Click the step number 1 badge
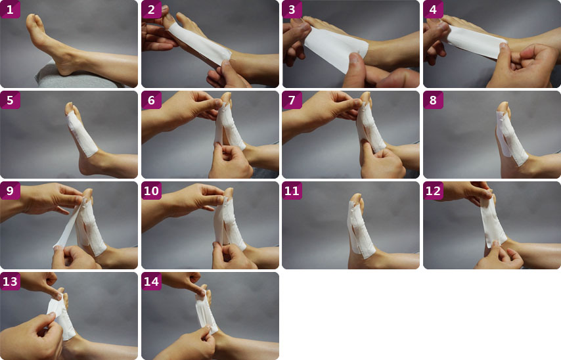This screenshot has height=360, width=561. pos(10,9)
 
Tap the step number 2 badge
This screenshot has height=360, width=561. pos(151,9)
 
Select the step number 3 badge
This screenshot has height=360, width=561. pos(292,9)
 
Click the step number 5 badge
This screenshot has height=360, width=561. pos(10,100)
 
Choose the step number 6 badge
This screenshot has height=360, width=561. pos(151,100)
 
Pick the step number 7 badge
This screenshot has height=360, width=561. pos(292,100)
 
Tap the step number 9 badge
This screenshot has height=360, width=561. pos(10,191)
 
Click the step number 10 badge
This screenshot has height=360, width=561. pos(151,191)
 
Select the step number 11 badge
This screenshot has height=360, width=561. pos(292,191)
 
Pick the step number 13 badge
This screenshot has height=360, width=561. pos(10,281)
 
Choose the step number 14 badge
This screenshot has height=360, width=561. pos(151,281)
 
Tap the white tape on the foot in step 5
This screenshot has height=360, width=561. pos(81,133)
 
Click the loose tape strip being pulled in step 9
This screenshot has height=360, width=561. pos(68,225)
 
